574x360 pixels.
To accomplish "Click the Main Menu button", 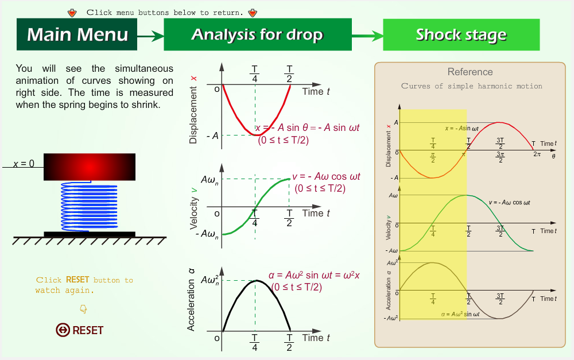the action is click(x=77, y=34).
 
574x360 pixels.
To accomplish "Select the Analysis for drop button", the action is click(x=258, y=34).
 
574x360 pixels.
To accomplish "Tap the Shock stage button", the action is click(x=461, y=35).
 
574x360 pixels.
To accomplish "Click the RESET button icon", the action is click(x=63, y=330).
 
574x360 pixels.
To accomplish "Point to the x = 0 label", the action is click(x=24, y=163).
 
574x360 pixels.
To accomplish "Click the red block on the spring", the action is click(x=90, y=167).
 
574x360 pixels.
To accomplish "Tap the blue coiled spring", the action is click(x=89, y=207).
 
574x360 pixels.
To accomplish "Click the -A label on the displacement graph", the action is click(x=213, y=136).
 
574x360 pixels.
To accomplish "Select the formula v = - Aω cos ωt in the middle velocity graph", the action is click(x=326, y=176).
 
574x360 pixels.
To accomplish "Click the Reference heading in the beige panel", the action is click(x=470, y=72).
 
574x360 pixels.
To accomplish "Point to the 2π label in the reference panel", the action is click(x=537, y=154).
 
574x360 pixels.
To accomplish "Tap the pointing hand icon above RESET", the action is click(x=83, y=309).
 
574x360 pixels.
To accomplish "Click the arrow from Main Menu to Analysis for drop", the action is click(x=150, y=36).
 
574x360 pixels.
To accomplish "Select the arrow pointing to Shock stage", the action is click(x=367, y=36).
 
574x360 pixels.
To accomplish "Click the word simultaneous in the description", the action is click(x=144, y=68).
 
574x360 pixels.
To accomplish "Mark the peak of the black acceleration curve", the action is click(x=257, y=281).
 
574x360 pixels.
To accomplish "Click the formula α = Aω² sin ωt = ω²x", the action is click(x=314, y=275).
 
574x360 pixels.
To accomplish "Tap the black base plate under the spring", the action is click(x=90, y=234).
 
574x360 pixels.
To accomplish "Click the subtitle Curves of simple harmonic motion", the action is click(x=471, y=86).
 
